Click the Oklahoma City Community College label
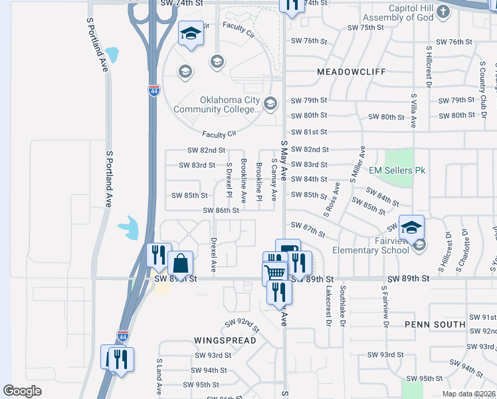point(216,104)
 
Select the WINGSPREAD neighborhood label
point(225,340)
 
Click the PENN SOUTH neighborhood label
point(435,325)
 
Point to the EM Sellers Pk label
point(397,170)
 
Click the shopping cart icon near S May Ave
point(274,273)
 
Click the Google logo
point(23,391)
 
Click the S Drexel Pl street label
point(229,180)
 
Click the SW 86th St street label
point(222,210)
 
